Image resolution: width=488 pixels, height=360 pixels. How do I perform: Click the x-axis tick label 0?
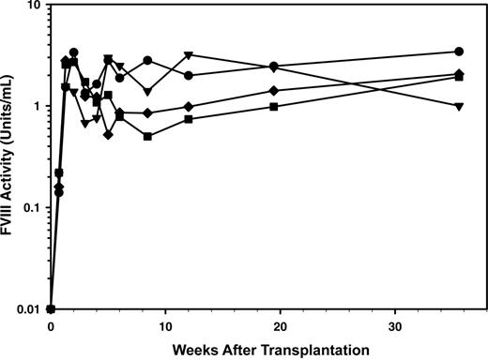tap(51, 323)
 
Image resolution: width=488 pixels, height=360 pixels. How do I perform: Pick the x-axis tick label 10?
tap(165, 323)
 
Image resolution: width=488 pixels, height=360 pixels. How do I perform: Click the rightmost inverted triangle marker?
tap(459, 107)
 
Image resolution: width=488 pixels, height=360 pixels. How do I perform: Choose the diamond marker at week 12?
tap(189, 107)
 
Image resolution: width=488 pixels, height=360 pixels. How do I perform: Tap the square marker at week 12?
tap(189, 119)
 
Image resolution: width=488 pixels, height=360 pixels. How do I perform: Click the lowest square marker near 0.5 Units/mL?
tap(148, 136)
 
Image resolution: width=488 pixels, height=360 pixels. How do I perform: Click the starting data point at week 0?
tap(51, 308)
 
